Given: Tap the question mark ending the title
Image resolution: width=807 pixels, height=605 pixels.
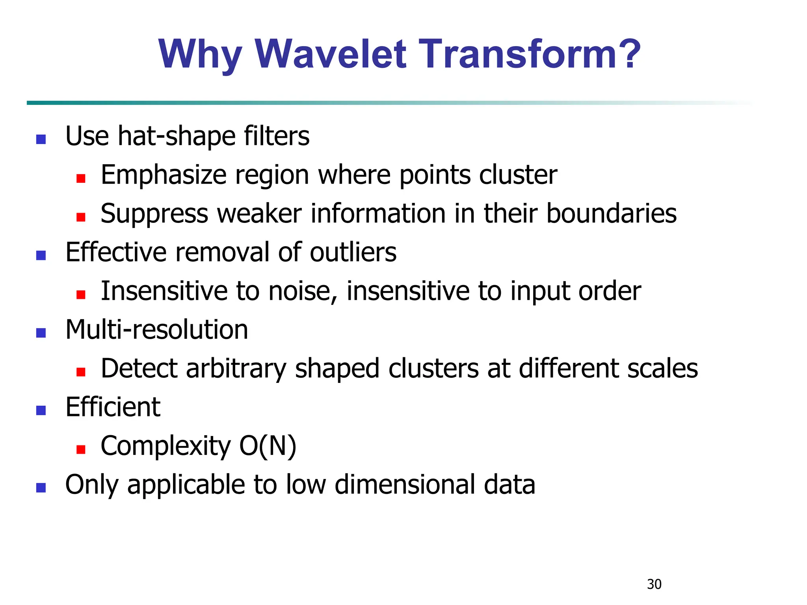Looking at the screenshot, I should click(627, 54).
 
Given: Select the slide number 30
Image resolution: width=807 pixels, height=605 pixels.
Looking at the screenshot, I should click(654, 584).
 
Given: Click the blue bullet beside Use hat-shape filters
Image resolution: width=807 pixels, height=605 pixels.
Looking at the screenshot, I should click(41, 139).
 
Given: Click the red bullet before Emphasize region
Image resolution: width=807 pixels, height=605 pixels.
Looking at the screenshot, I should click(81, 178).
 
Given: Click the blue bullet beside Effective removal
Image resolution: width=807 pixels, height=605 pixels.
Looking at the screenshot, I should click(41, 256).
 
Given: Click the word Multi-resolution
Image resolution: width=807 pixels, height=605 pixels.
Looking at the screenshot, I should click(156, 330).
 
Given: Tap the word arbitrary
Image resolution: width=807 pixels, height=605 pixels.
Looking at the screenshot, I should click(236, 369).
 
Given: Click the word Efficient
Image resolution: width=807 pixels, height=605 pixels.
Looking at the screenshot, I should click(113, 407).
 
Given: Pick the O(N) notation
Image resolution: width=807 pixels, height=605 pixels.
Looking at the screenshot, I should click(268, 446).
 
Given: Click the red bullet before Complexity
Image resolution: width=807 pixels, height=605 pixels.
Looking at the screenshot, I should click(81, 449).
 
